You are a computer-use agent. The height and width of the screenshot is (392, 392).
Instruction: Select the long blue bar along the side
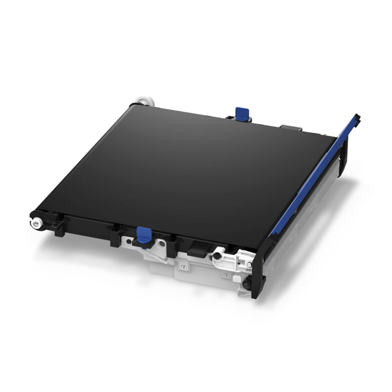(314, 176)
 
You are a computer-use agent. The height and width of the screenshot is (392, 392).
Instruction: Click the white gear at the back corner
(143, 100)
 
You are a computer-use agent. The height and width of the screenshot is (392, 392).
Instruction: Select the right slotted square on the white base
(225, 277)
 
